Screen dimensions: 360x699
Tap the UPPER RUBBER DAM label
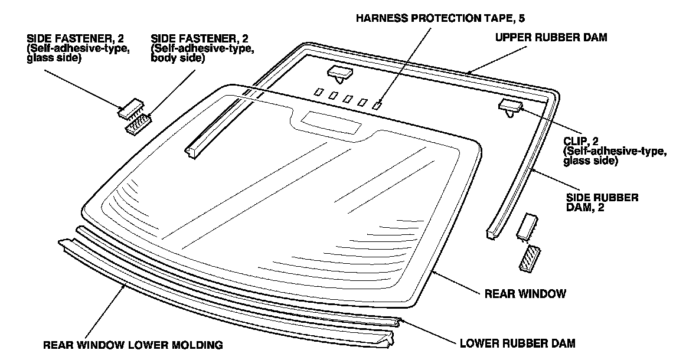(551, 37)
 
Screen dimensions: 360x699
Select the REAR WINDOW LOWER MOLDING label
(133, 344)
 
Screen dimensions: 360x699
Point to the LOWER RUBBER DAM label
(517, 343)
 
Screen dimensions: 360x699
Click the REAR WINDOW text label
(525, 293)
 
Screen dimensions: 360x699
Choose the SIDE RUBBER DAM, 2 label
(602, 202)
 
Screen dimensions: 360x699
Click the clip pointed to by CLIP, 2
(510, 107)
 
